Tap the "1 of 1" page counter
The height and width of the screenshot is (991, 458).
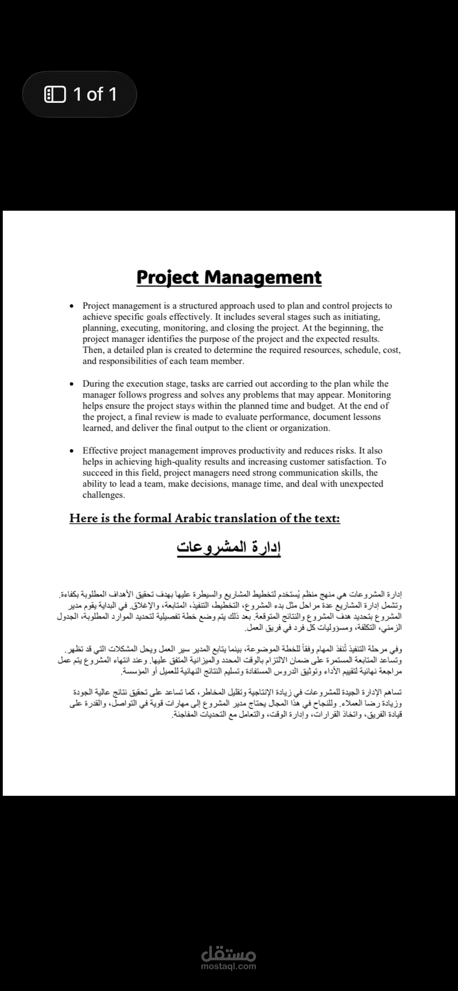[x=95, y=94]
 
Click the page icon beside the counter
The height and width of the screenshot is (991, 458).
[x=55, y=94]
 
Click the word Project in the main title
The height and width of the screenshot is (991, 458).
[x=169, y=277]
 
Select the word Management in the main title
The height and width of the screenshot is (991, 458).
[x=263, y=277]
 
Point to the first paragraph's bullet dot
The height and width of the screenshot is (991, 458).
[x=71, y=306]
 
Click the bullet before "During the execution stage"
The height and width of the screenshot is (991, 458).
[x=71, y=384]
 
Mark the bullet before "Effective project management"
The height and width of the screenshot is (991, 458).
[x=71, y=451]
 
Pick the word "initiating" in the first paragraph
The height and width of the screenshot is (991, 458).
[x=362, y=316]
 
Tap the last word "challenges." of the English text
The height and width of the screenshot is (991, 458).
[x=103, y=495]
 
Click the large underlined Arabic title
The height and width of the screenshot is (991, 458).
[x=229, y=547]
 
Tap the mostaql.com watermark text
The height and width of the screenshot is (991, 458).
[x=229, y=967]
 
